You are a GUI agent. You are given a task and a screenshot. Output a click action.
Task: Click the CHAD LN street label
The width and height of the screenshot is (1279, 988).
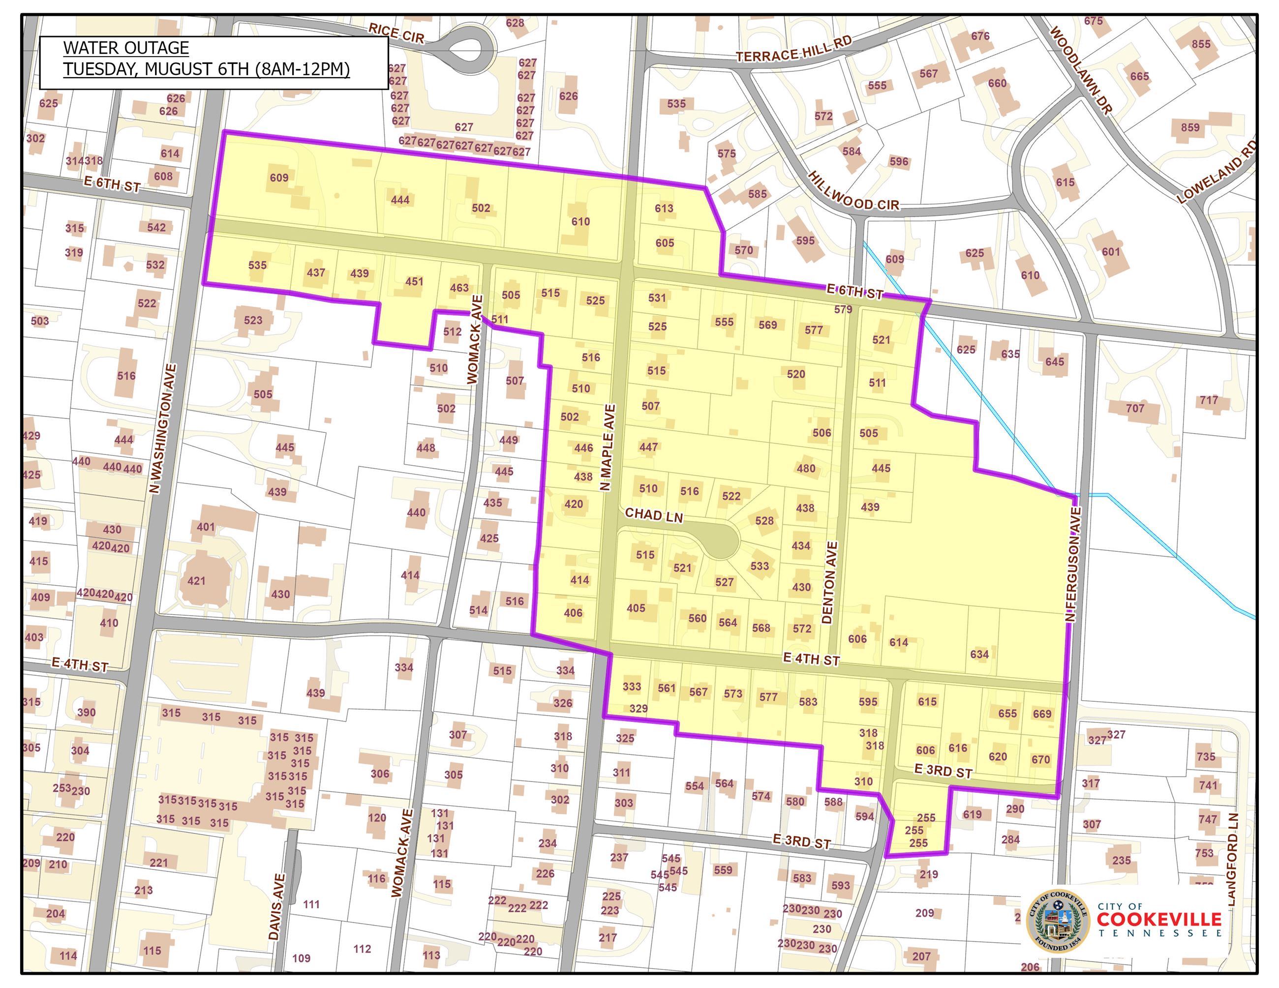[654, 514]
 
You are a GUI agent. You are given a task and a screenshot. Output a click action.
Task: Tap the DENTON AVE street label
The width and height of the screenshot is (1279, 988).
[830, 582]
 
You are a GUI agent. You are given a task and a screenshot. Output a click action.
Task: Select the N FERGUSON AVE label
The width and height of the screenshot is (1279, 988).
[1073, 564]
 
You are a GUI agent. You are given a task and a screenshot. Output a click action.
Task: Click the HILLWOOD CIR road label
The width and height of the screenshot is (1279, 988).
[853, 191]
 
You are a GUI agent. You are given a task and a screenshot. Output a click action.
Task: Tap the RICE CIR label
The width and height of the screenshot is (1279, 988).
[396, 33]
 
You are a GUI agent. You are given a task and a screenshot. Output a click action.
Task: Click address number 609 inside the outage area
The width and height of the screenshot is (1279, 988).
[279, 178]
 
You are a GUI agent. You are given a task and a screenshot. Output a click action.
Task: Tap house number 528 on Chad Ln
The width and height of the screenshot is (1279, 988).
[764, 520]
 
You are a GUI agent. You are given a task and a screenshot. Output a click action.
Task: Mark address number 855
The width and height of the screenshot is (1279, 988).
[1200, 44]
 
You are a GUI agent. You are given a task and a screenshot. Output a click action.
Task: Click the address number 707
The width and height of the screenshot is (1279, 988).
[1135, 408]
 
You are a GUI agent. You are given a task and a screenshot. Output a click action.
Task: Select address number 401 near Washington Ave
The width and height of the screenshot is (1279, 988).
[206, 527]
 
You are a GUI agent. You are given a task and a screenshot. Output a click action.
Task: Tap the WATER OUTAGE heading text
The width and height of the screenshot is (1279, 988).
[126, 48]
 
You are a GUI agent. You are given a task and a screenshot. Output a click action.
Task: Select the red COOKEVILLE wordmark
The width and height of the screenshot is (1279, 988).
[1159, 919]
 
